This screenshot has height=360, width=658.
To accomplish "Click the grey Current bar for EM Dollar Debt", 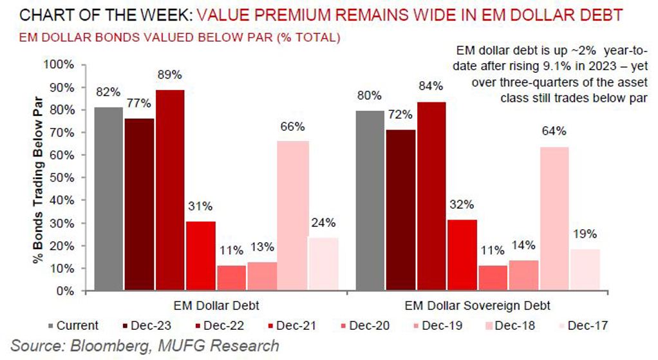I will click(108, 199).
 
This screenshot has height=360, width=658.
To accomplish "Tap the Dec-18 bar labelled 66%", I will click(294, 216).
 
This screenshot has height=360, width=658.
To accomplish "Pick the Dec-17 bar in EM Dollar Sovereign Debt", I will click(585, 270).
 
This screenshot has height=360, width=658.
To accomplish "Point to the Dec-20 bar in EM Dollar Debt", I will click(232, 278).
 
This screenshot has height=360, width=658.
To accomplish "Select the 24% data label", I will click(324, 223).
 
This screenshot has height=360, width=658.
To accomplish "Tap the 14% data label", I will click(522, 245).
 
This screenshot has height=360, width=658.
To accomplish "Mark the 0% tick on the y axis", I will click(65, 291).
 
